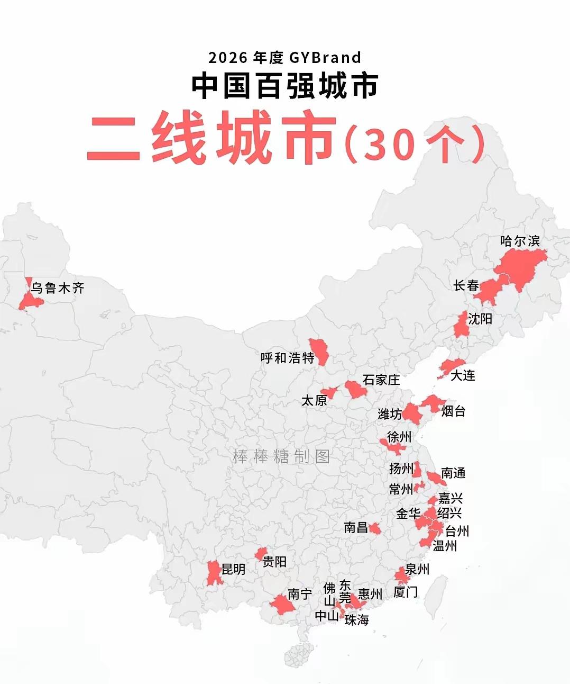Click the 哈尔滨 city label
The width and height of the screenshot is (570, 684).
(x=520, y=241)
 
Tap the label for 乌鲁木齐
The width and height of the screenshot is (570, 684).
(x=57, y=289)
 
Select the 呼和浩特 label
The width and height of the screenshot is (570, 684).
(x=287, y=358)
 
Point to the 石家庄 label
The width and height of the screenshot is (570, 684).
(x=381, y=380)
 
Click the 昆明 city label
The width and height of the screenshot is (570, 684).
(x=233, y=569)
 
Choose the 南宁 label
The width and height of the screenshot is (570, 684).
(x=300, y=594)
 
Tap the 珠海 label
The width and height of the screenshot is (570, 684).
(x=356, y=620)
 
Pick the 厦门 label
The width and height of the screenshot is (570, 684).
(x=406, y=592)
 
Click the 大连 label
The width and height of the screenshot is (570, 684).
(x=463, y=375)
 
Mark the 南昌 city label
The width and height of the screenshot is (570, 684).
(x=355, y=527)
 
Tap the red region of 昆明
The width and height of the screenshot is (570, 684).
(x=214, y=573)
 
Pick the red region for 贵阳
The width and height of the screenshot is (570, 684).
(x=260, y=554)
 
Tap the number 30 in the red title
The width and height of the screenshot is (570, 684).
(x=388, y=143)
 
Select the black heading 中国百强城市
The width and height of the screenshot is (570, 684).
(x=284, y=86)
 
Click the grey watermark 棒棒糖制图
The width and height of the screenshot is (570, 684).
(x=281, y=456)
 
